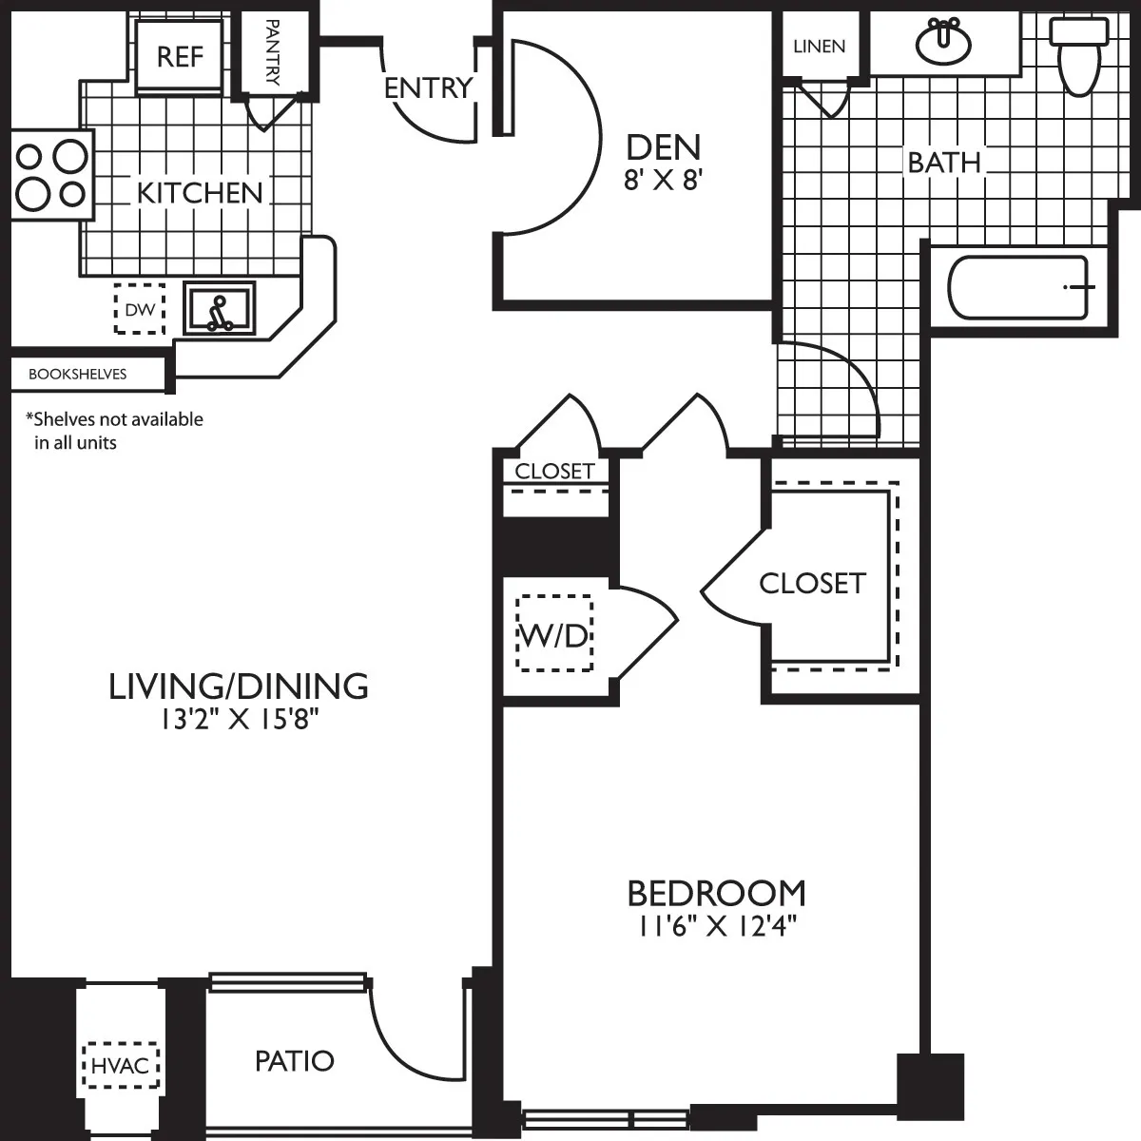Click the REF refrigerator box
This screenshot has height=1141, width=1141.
click(x=180, y=56)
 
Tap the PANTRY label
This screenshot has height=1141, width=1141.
click(x=271, y=52)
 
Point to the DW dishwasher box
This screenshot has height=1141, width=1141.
click(x=139, y=309)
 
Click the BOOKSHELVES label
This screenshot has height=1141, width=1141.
click(x=77, y=375)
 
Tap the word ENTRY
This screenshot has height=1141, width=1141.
click(x=428, y=88)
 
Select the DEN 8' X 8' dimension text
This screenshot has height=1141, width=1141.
click(x=663, y=181)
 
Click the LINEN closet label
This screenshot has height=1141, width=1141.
click(x=819, y=46)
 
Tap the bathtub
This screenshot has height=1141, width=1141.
click(x=1018, y=287)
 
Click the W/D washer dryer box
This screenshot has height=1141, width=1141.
click(x=554, y=634)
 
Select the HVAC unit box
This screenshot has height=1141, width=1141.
click(x=122, y=1065)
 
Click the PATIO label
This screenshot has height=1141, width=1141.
click(x=295, y=1060)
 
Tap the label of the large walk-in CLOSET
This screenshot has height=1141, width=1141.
click(x=812, y=583)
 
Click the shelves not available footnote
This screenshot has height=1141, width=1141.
click(x=114, y=431)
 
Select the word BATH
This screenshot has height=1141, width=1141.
click(x=943, y=163)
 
